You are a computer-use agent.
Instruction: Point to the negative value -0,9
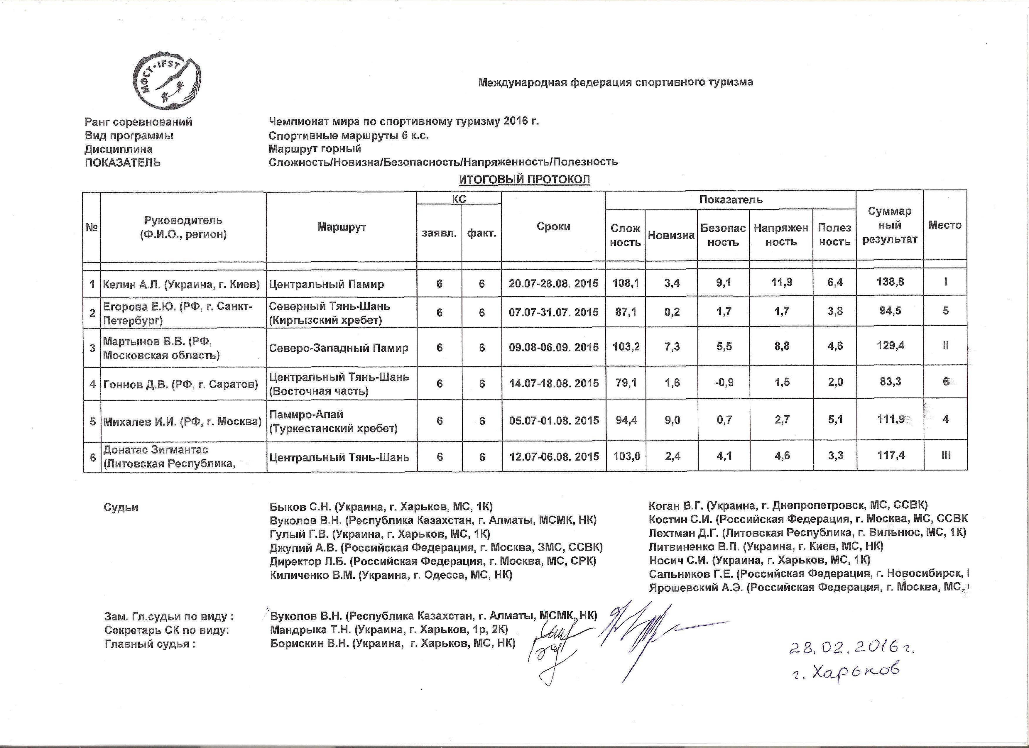pos(724,383)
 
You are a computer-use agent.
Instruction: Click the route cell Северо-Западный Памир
pos(339,348)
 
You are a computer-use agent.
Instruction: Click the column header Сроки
pos(553,227)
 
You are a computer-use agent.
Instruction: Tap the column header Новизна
pos(671,235)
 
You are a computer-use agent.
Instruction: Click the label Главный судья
pos(150,644)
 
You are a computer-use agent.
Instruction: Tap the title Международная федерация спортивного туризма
pos(615,82)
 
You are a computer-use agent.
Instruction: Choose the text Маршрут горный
pos(315,149)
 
